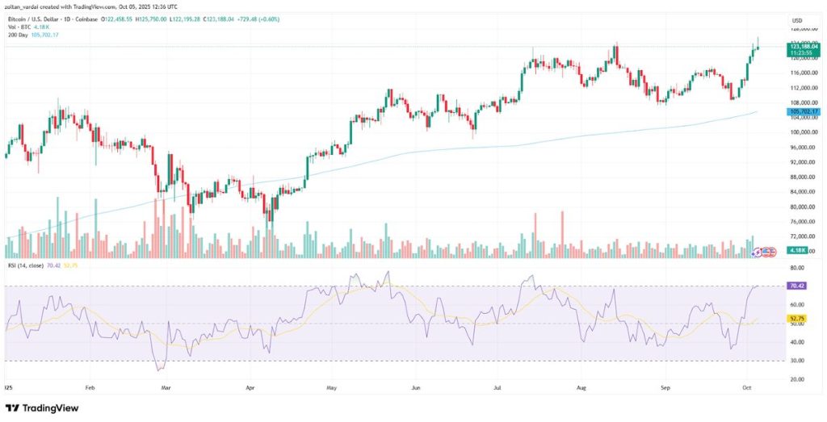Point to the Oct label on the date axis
(x=749, y=388)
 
